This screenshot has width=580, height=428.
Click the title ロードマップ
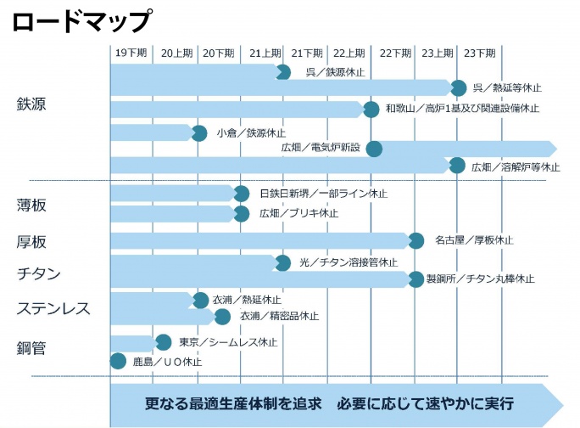[82, 20]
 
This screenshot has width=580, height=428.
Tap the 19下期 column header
[131, 53]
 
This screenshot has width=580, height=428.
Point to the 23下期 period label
[480, 53]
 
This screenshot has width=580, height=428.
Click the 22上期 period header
[349, 53]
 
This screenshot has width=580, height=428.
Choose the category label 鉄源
[31, 104]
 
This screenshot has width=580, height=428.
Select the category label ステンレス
[53, 308]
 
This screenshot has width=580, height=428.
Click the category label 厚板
[31, 242]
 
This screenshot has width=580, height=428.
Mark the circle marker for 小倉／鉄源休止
[199, 133]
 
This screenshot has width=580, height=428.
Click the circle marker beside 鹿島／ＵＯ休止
[119, 362]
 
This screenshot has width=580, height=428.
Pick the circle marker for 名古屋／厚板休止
[415, 240]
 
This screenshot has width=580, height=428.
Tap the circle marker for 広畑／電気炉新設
[373, 149]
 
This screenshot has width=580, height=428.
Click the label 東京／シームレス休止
[228, 342]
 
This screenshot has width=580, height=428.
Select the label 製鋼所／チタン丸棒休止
[480, 279]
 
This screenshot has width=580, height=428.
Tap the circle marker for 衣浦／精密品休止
[222, 317]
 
